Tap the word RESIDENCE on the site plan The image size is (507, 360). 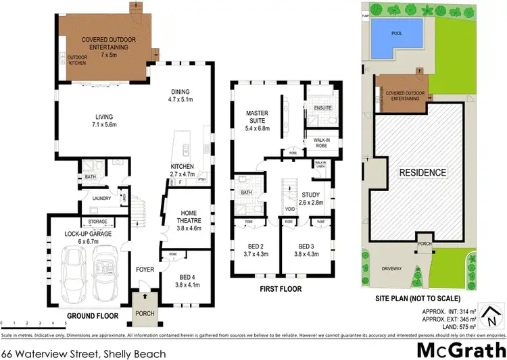(422, 172)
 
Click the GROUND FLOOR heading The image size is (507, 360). (93, 315)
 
